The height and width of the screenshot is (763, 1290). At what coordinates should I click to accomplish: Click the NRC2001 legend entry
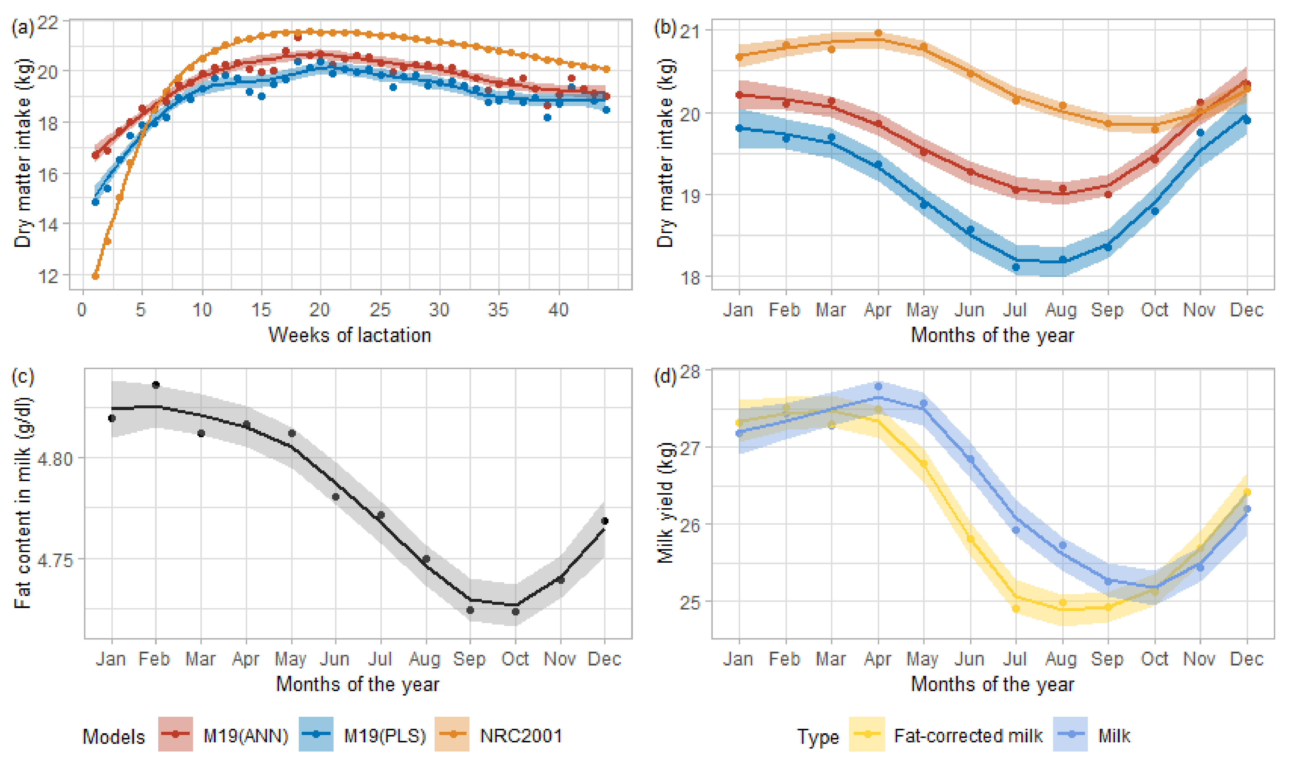coord(520,736)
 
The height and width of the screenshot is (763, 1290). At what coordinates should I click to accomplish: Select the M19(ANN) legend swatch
coord(175,734)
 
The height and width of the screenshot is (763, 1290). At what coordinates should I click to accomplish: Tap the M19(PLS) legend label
coord(385,736)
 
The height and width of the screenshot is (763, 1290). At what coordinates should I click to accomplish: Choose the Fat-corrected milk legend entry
coord(968,736)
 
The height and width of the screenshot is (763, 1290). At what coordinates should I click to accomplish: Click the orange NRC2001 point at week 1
coord(95,276)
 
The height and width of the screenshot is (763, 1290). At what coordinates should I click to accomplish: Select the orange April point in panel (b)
coord(878,33)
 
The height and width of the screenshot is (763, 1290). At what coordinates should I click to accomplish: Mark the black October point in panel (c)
coord(516,611)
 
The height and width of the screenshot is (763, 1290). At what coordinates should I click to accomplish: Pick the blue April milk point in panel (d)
coord(878,387)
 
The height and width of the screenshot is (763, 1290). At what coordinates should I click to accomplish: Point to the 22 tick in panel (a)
coord(48,22)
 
